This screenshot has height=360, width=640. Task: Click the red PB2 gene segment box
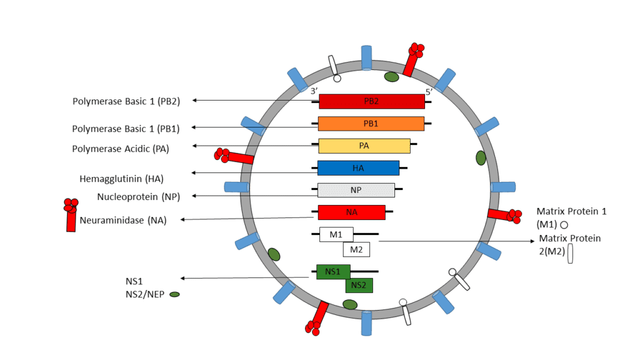pos(371,101)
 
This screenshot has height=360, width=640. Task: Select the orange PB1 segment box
pos(371,124)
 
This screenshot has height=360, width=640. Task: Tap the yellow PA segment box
pos(364,146)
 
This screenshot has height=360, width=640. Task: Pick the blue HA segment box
pos(358,168)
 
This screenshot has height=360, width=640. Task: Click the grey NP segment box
pos(356,190)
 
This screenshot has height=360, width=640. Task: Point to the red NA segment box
pos(351,212)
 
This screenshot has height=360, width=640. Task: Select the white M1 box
pos(336,234)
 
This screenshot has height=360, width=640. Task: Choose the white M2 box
pos(356,249)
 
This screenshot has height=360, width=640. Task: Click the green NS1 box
pos(333,271)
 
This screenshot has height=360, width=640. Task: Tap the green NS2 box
pos(359,286)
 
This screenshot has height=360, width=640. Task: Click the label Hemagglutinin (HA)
pos(121,179)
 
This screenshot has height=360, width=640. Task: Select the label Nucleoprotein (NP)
pos(138,197)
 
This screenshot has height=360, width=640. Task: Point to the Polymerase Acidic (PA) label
pos(121,149)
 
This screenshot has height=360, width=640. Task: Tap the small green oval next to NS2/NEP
pos(175,294)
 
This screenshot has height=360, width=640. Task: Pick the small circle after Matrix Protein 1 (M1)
pos(564,224)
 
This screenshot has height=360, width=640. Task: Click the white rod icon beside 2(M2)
pos(571,254)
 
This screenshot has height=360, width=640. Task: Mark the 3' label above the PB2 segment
pos(314,91)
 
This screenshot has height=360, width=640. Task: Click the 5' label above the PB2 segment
pos(429,91)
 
